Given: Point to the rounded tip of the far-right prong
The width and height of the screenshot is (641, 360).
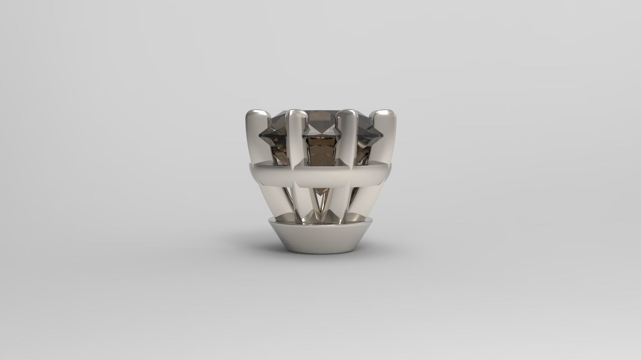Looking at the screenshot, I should point(385,115).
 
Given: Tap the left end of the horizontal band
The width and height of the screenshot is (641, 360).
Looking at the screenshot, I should point(249,172).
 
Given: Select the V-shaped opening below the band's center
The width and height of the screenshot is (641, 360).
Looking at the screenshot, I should point(320,200).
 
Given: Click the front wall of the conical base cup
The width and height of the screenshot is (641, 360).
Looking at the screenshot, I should point(320,240).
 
